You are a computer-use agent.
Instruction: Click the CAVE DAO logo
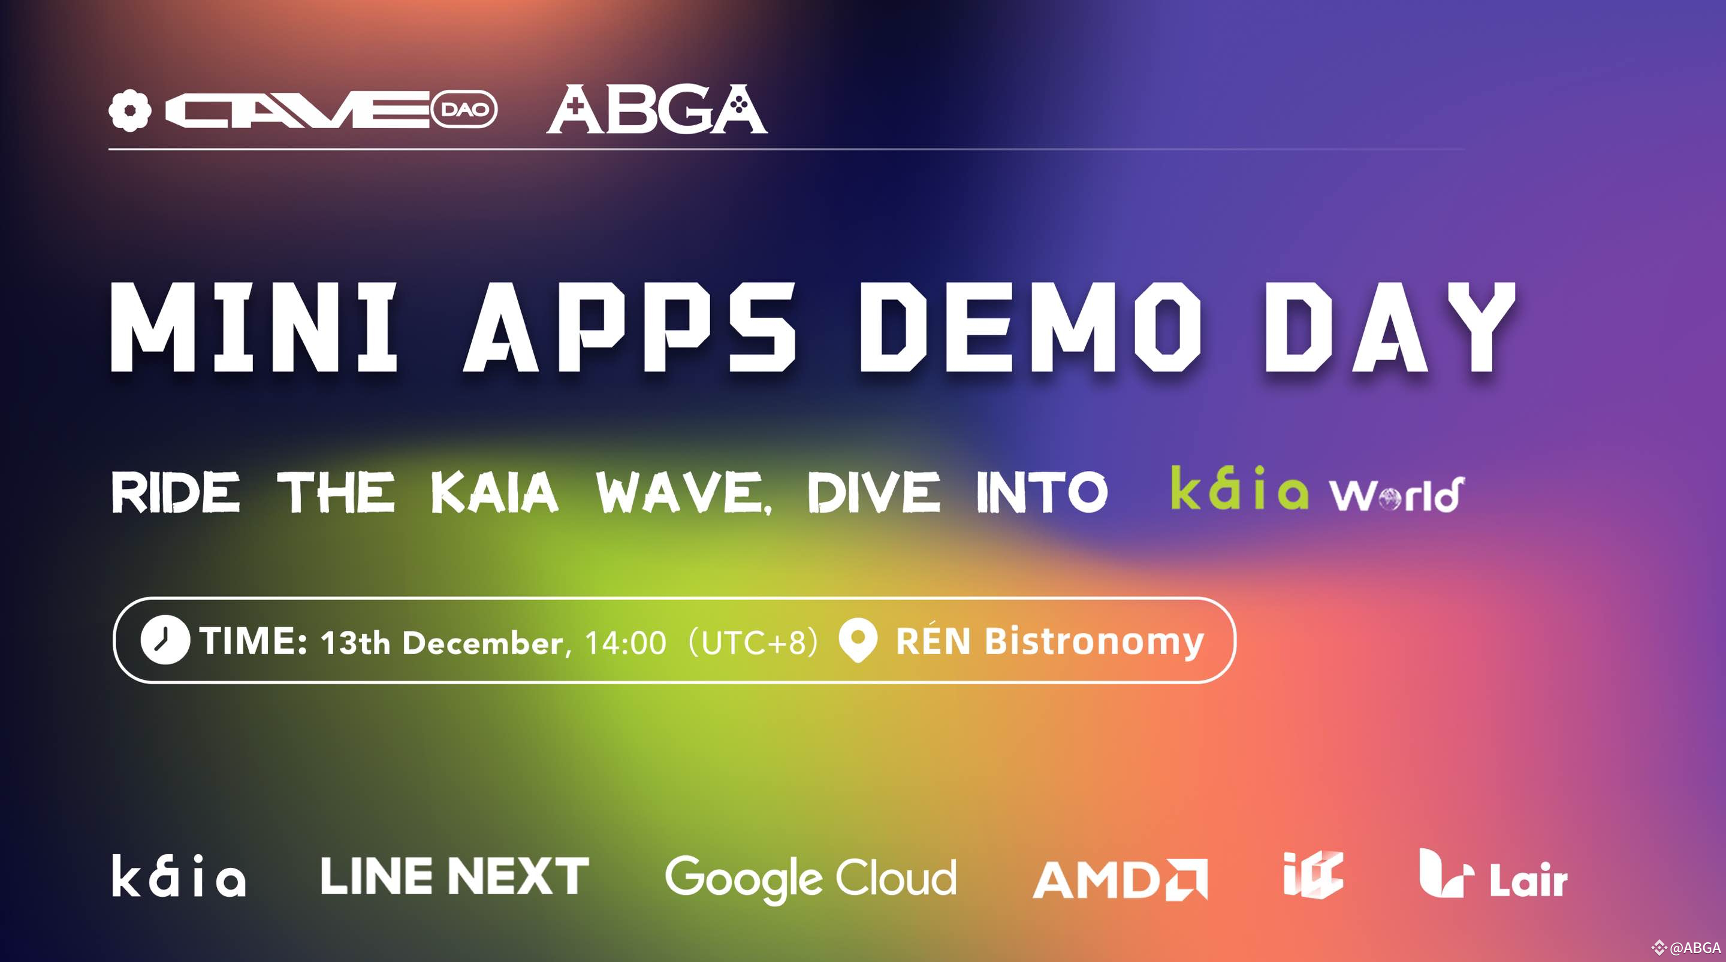303,110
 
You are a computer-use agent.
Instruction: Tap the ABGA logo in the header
657,109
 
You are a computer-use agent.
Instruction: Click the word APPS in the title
630,326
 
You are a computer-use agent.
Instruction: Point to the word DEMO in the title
1031,326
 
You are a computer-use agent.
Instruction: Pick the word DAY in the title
1390,326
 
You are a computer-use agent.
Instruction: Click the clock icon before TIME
165,640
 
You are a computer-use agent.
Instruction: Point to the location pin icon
858,640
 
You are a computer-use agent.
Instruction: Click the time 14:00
626,643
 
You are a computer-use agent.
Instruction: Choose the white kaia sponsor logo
178,876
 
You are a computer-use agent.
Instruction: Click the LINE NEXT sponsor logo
454,876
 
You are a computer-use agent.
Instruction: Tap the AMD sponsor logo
1120,879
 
